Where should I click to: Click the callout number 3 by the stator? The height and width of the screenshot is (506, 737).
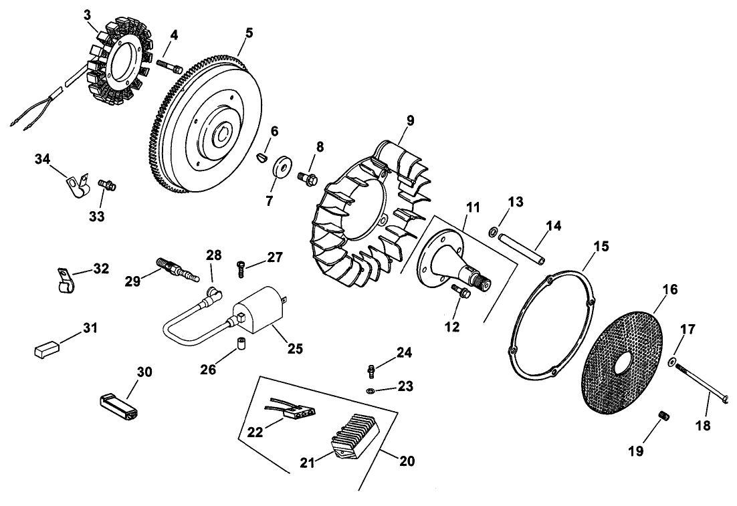(88, 14)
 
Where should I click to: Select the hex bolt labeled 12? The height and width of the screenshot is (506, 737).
(460, 290)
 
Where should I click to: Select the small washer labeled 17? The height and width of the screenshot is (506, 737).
(673, 362)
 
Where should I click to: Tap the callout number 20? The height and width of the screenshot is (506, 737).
(407, 461)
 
